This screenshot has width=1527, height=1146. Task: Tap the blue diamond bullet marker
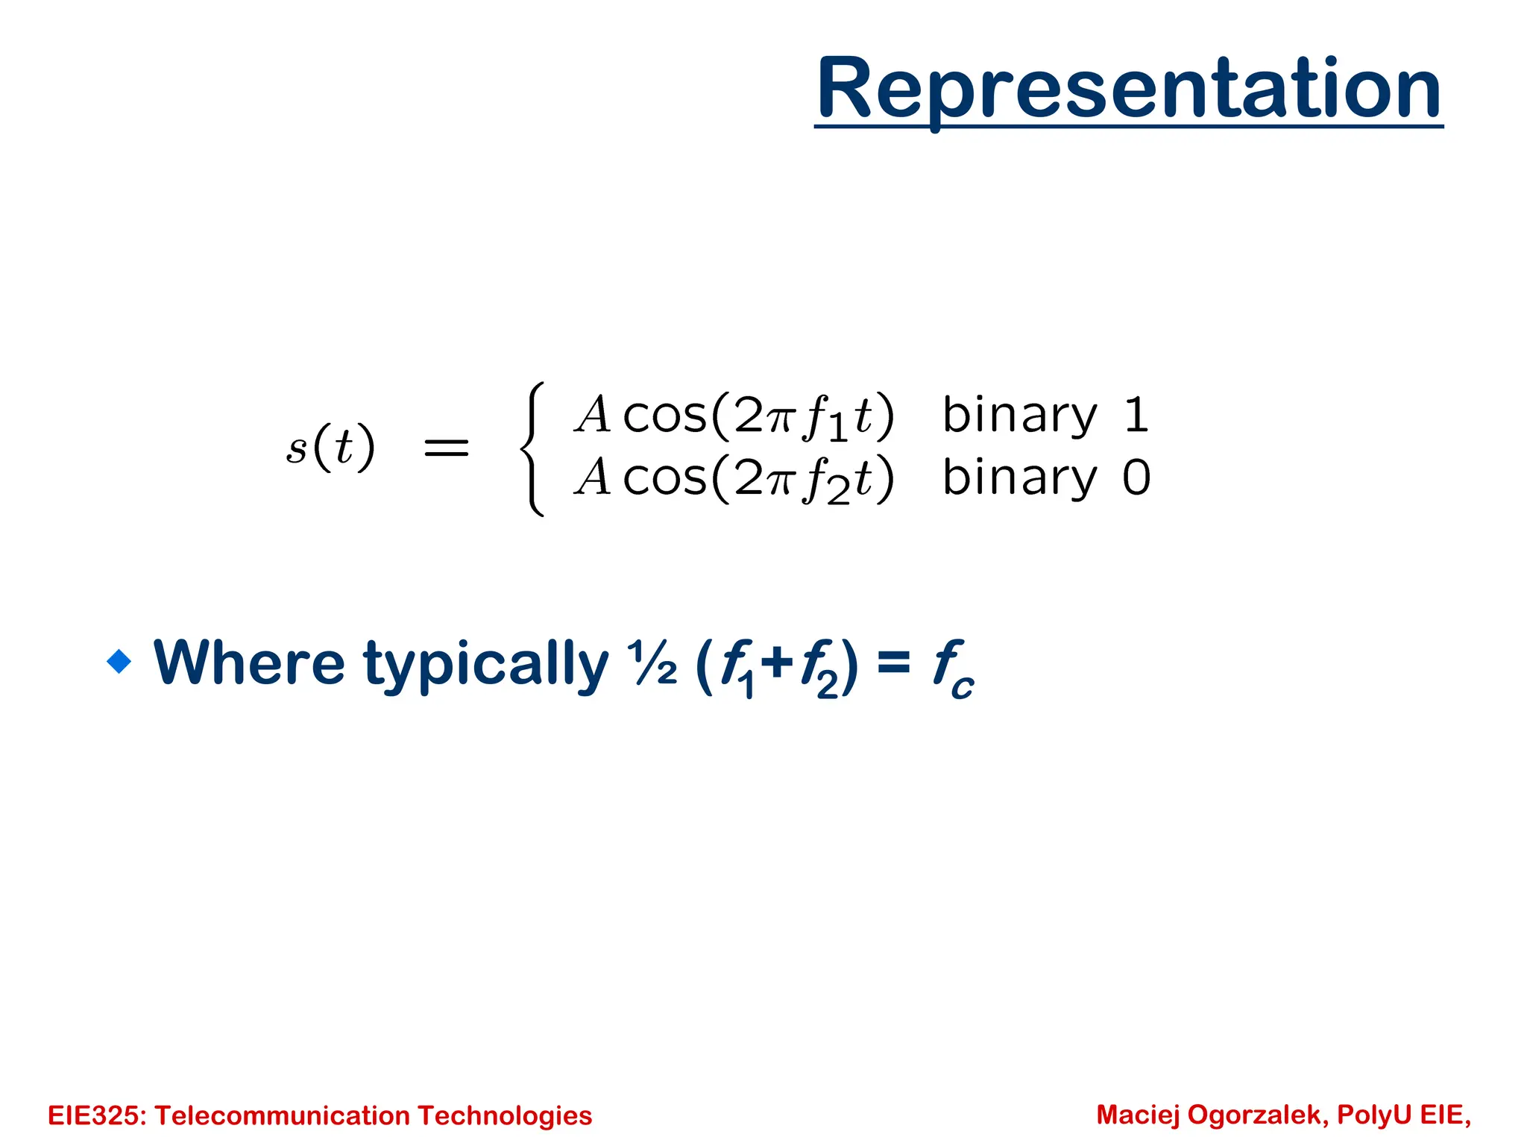[x=119, y=661]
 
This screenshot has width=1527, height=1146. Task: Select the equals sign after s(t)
[x=446, y=448]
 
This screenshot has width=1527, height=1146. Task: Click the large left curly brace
[x=532, y=448]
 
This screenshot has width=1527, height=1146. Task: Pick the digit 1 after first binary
[x=1136, y=415]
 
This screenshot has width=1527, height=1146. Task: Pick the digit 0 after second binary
[x=1137, y=477]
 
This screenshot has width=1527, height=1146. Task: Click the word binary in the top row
[x=1019, y=416]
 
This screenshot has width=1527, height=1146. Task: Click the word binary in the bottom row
[x=1019, y=478]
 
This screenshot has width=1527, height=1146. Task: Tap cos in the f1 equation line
[x=664, y=416]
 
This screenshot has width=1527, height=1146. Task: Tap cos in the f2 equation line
[x=664, y=478]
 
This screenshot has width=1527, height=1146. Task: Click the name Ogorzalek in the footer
[x=1257, y=1115]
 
